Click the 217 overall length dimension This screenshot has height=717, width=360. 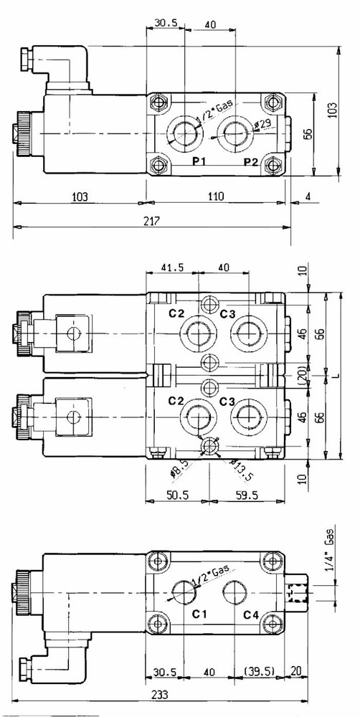150,222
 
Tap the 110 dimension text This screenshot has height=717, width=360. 216,196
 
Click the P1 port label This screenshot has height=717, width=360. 199,161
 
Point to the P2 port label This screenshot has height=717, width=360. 250,161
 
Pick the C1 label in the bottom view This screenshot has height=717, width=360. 200,614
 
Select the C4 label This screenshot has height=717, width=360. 250,614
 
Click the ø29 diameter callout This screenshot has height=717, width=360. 262,125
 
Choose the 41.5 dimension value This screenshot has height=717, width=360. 169,267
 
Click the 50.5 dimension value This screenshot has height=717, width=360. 176,495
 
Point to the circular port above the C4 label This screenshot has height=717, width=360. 235,592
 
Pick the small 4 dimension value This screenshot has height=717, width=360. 306,196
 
